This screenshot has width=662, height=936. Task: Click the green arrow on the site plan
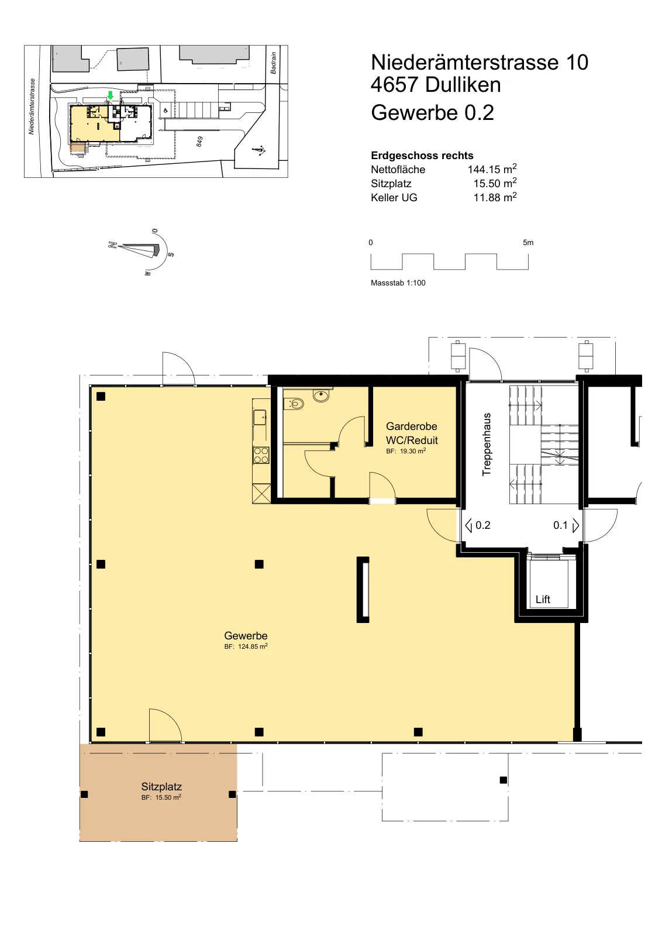coord(111,95)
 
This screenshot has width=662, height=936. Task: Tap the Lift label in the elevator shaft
coord(543,600)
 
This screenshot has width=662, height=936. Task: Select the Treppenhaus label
coord(487,444)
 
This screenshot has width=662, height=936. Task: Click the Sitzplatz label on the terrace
coord(161,787)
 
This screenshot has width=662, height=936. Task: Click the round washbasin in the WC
coord(321,395)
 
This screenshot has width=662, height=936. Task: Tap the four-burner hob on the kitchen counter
coord(261,455)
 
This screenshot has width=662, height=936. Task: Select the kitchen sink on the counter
coord(260,418)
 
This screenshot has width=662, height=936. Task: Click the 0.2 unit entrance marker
coord(478,525)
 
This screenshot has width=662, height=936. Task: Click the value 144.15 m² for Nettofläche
coord(492,169)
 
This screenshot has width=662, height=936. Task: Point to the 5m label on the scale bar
coord(528,242)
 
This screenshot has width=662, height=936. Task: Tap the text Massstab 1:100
coord(398,283)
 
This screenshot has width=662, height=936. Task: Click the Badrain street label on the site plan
coord(274,63)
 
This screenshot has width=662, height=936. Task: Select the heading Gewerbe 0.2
coord(432,113)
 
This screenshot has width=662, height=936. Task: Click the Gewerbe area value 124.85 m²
coord(246,646)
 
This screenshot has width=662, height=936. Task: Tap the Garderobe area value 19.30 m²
coord(406,451)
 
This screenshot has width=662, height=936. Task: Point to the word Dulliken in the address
coord(463,85)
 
